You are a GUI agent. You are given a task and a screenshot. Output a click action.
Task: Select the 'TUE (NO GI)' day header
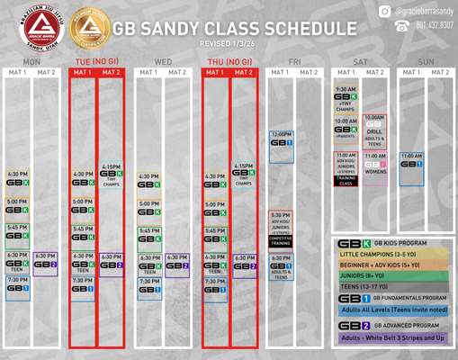coord(96,61)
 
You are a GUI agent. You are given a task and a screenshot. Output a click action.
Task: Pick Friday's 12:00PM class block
coord(281,140)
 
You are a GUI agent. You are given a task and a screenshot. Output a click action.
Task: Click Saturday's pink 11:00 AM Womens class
coord(375,164)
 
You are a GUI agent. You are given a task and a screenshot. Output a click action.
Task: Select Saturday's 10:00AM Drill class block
coord(375,130)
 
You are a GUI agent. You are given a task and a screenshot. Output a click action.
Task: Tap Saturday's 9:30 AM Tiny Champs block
coord(346,98)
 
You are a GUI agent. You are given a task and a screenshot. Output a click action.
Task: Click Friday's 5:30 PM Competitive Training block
coord(281,229)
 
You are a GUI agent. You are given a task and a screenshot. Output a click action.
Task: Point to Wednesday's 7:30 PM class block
coord(149,287)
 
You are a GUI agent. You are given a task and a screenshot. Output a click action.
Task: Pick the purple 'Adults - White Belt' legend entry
coord(389,337)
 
